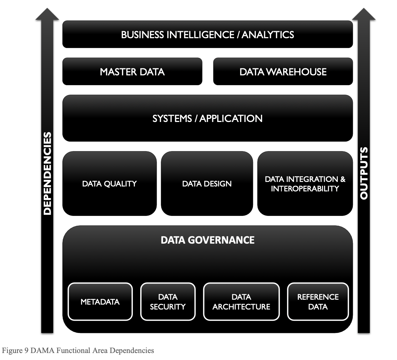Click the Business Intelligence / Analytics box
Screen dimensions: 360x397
(x=207, y=34)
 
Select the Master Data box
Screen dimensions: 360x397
(x=132, y=72)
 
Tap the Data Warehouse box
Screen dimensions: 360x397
(x=283, y=72)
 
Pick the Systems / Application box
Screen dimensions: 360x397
(x=207, y=118)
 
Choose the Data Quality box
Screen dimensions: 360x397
(x=109, y=184)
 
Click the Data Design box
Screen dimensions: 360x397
(x=207, y=184)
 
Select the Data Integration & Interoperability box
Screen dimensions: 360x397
(x=305, y=184)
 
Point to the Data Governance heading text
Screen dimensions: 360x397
(x=207, y=240)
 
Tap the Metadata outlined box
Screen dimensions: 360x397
(x=100, y=302)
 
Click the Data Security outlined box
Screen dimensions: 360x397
(x=167, y=302)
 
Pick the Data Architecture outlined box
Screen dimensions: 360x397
(x=241, y=302)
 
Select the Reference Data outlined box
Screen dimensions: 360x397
(x=318, y=302)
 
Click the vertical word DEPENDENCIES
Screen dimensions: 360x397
(x=47, y=173)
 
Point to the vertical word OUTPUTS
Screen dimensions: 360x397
(x=364, y=173)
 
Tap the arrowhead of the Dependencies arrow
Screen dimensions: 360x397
(x=47, y=14)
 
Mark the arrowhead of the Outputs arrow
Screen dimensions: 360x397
(x=364, y=14)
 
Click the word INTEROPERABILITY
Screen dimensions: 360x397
(x=305, y=189)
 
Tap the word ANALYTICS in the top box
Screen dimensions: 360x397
(x=268, y=34)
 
